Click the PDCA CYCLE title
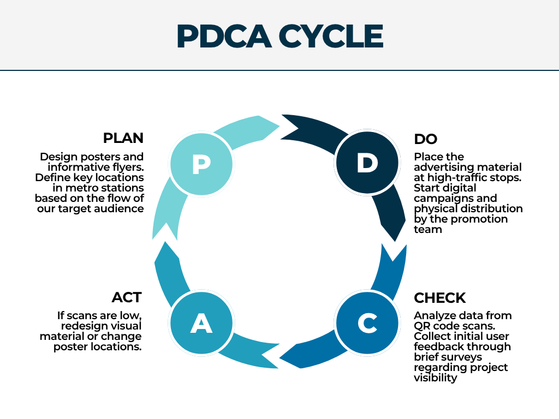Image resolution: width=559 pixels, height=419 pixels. [280, 36]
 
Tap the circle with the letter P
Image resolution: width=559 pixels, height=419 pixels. [201, 164]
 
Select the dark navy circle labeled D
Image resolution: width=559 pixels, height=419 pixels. [367, 163]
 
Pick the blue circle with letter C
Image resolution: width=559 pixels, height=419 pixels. [367, 323]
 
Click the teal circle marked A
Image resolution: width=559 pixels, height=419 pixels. [201, 323]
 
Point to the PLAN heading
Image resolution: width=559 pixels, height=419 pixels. [123, 138]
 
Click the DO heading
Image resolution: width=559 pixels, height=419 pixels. [425, 139]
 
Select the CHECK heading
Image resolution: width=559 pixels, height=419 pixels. [439, 298]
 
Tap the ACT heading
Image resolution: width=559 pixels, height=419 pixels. [127, 297]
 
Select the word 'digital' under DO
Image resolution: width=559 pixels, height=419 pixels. [460, 188]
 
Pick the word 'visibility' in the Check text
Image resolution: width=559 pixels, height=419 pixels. [435, 378]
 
